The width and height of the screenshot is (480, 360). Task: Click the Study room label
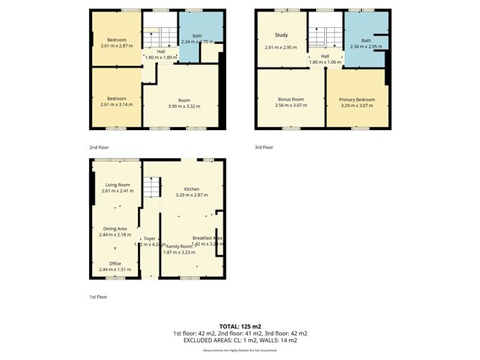pos(281,34)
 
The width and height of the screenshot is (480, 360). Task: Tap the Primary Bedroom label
pos(356,98)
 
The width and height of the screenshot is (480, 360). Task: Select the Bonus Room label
pos(291,98)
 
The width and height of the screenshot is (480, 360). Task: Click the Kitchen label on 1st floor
pos(191,188)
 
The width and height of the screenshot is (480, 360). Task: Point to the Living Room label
pos(116,185)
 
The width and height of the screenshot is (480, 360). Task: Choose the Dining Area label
pos(116,229)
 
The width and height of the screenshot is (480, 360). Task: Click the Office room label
pos(115,263)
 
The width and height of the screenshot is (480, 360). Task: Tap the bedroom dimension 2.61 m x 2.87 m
pos(117,46)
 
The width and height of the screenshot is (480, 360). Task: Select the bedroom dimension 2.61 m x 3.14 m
pos(117,105)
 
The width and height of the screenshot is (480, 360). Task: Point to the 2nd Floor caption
pos(99,147)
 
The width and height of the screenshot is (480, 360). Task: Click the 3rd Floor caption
pos(264,147)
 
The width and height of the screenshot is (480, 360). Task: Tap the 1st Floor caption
pos(98,295)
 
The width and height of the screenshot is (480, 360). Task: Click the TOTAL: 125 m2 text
pos(240,326)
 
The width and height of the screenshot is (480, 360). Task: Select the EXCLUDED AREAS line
pos(240,340)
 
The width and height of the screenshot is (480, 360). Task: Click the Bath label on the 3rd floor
pos(366,40)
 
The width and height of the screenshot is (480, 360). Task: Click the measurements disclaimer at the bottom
pos(240,350)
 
